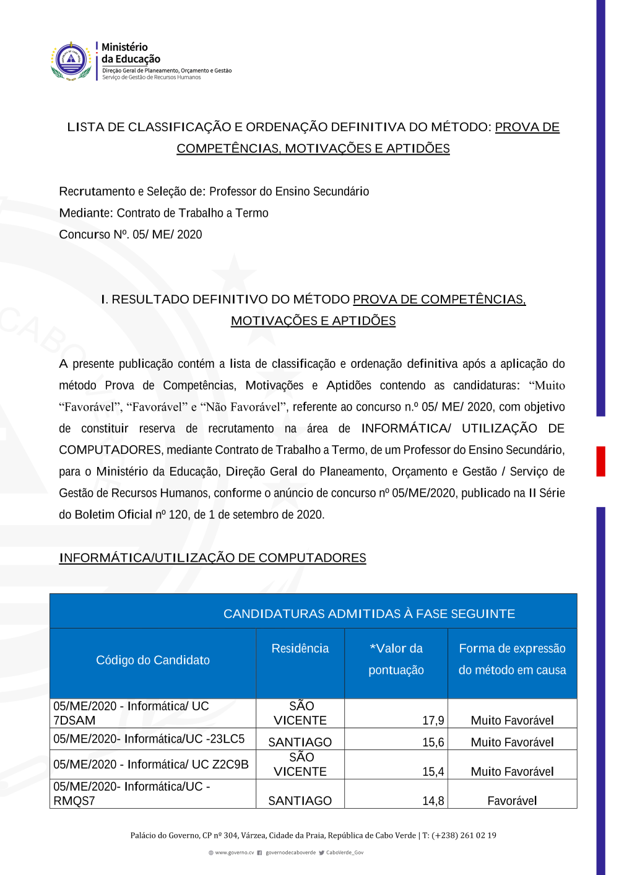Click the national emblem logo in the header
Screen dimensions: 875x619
(x=71, y=61)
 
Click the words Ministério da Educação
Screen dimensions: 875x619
(x=131, y=53)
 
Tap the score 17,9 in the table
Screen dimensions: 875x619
(x=433, y=720)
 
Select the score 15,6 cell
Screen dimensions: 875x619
(x=433, y=742)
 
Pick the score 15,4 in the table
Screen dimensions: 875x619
(x=433, y=772)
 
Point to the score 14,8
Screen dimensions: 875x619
(x=433, y=801)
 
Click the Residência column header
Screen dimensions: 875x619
(x=300, y=648)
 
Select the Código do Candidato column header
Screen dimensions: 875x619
(x=153, y=660)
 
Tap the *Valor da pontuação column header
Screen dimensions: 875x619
(x=396, y=659)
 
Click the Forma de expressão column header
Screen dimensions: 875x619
(x=512, y=659)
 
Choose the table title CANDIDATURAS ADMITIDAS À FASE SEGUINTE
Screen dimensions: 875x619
(x=369, y=614)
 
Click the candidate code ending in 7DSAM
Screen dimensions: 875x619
(x=131, y=713)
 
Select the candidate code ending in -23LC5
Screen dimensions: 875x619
(x=149, y=739)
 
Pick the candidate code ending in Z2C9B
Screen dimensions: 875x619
(x=151, y=764)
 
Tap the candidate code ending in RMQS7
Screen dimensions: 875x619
(x=131, y=793)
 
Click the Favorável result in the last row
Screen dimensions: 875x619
(x=512, y=801)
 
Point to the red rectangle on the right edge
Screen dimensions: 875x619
(x=600, y=461)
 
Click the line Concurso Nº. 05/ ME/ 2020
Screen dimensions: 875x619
(x=131, y=235)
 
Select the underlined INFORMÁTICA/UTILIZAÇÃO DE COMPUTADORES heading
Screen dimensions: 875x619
(x=212, y=558)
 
